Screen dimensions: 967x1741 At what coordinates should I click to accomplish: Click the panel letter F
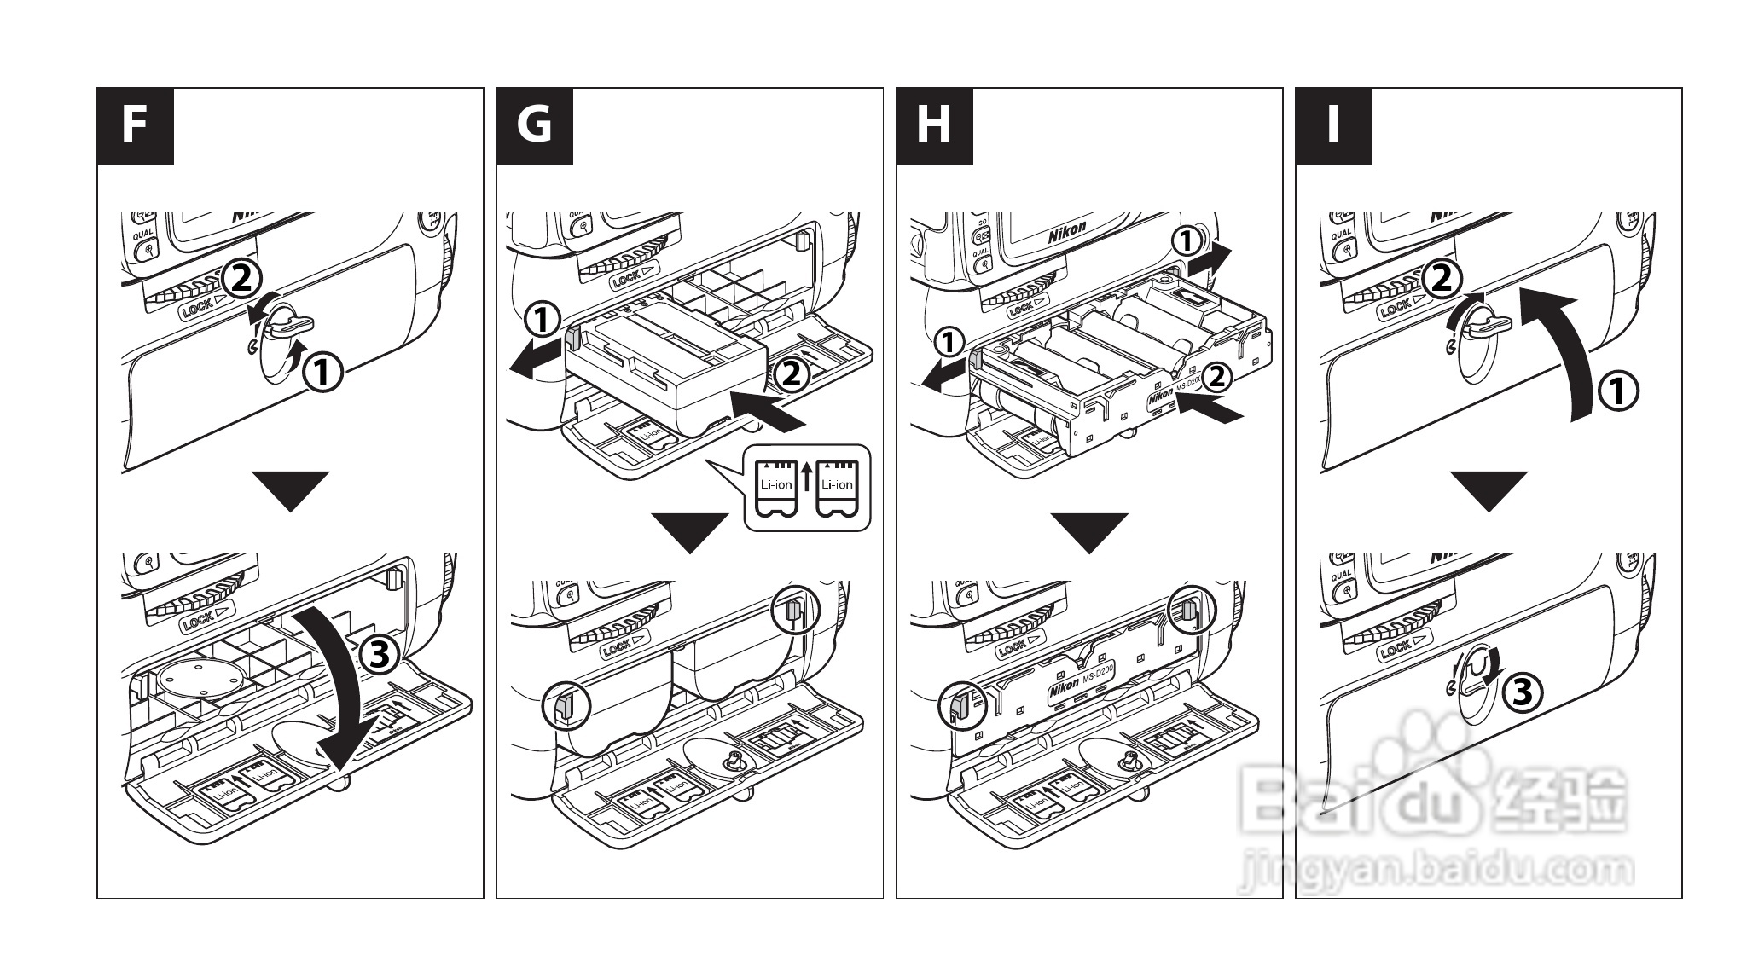[135, 125]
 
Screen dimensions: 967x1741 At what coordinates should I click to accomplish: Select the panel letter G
[534, 125]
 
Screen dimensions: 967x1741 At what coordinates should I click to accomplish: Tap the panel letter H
[934, 125]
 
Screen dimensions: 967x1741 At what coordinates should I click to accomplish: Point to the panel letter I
[1333, 125]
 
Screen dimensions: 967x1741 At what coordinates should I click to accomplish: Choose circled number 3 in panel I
[1521, 692]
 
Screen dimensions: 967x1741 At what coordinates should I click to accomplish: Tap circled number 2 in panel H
[1217, 376]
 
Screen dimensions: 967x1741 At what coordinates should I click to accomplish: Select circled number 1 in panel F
[324, 373]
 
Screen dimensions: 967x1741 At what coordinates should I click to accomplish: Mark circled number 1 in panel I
[1617, 392]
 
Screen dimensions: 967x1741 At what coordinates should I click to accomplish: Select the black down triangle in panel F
[291, 490]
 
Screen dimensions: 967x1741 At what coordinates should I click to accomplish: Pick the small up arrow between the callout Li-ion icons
[806, 478]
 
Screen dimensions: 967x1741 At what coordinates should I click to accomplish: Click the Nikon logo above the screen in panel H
[1067, 231]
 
